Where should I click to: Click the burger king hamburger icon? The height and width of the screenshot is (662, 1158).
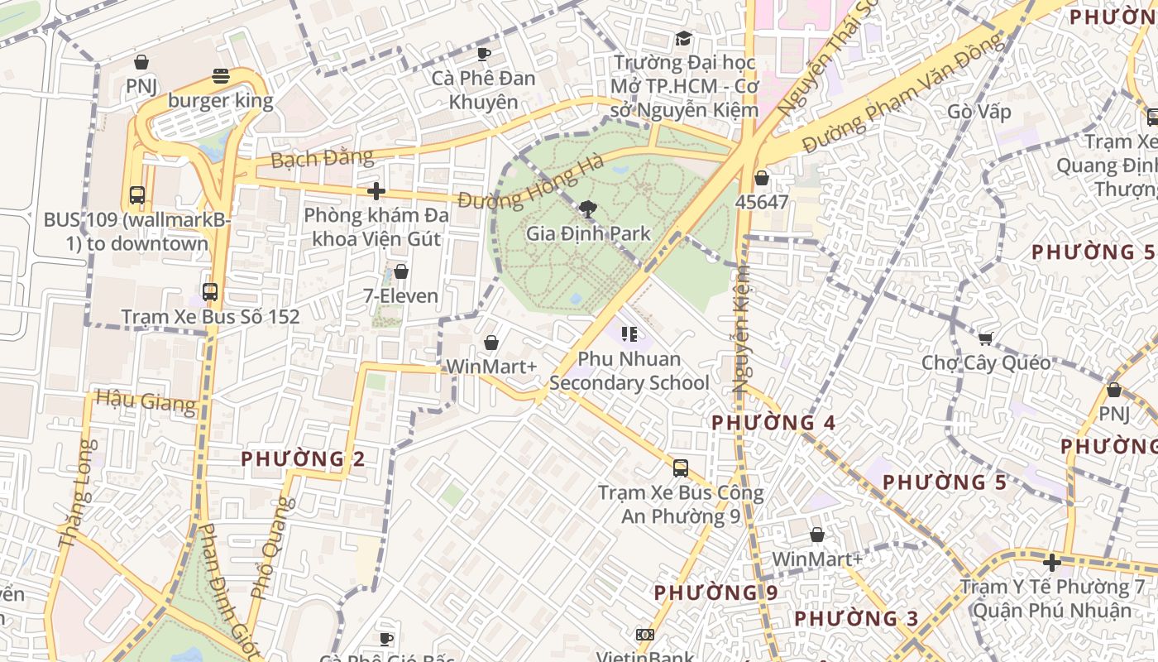coord(221,76)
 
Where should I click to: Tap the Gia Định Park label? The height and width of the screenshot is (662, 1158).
coord(588,233)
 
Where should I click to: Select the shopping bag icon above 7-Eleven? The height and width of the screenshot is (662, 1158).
coord(401,271)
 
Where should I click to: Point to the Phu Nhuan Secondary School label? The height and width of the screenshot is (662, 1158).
coord(629,371)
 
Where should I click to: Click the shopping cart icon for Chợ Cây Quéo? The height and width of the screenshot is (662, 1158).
coord(985,338)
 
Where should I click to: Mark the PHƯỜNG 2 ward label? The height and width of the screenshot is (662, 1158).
coord(303,458)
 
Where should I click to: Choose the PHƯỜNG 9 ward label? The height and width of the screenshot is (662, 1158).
coord(715,592)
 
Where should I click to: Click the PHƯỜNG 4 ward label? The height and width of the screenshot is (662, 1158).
coord(773,422)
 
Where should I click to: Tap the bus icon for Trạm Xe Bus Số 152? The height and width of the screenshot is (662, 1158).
coord(210,292)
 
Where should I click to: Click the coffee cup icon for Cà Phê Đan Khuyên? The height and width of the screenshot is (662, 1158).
coord(484,54)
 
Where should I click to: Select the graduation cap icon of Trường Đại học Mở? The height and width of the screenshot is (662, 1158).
coord(683,38)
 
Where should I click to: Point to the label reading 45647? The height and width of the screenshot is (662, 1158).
coord(762,202)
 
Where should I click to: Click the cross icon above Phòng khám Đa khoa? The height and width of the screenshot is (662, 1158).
coord(376,191)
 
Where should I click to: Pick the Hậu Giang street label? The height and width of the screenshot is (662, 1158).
coord(146,401)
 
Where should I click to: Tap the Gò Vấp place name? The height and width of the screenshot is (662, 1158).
coord(979,112)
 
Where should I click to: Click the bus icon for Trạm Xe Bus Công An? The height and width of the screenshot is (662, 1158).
coord(680,468)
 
